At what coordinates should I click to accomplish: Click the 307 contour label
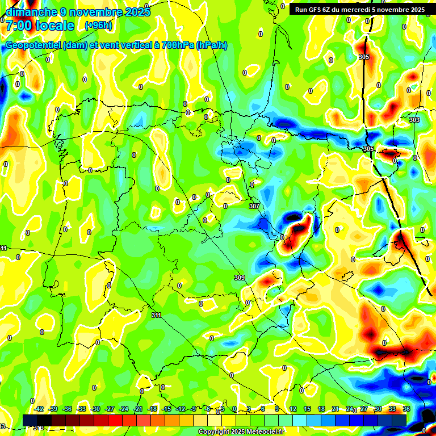(x=254, y=206)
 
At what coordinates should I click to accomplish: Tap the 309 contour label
(x=239, y=278)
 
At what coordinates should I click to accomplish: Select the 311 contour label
(x=156, y=315)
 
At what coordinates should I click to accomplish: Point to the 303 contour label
(x=414, y=120)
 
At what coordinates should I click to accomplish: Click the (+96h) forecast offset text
(x=98, y=26)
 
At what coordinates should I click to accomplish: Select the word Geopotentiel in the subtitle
(x=33, y=45)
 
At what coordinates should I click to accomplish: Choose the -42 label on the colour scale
(x=39, y=409)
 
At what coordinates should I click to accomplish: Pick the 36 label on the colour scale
(x=406, y=409)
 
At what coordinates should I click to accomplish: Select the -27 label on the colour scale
(x=110, y=409)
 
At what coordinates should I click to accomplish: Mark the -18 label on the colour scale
(x=152, y=409)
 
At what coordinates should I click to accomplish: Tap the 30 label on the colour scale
(x=378, y=409)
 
